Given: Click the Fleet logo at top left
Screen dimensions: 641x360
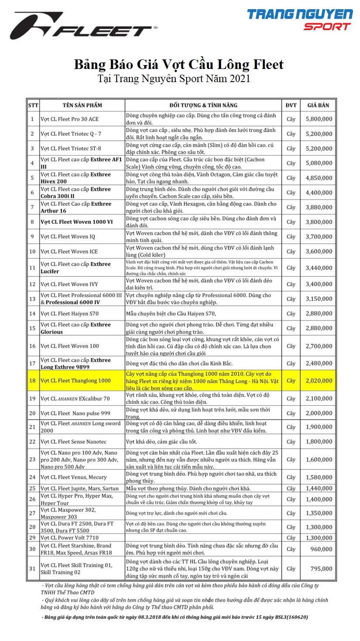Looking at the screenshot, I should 83,26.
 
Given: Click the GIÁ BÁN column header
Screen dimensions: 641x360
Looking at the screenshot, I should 318,105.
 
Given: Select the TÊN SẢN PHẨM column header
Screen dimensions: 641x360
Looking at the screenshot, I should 82,105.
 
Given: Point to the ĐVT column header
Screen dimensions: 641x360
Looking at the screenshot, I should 291,105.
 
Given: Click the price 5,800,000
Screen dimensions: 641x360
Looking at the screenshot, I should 319,119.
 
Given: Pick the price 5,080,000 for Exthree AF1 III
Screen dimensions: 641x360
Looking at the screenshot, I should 319,163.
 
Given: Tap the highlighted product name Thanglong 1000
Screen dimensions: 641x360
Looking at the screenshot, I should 76,381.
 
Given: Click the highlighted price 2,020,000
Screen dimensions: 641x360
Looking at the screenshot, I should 319,381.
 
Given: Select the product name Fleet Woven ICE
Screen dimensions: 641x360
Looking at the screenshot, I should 69,252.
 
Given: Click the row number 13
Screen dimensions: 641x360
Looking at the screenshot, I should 32,299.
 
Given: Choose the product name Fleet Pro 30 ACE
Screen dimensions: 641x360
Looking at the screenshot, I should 69,119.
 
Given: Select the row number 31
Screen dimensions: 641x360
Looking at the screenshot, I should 32,569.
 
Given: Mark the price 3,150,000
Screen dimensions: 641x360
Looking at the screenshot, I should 319,299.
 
